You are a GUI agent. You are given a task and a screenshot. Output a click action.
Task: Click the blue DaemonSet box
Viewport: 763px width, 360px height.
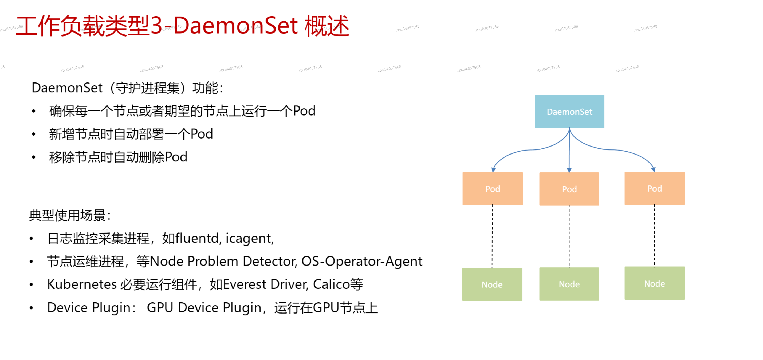(569, 111)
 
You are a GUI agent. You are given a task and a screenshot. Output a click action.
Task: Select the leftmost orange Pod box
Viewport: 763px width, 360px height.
(493, 189)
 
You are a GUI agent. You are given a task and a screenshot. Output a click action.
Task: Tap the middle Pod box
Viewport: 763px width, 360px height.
(569, 189)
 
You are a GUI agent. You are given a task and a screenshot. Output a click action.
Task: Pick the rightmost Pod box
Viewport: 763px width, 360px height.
(655, 188)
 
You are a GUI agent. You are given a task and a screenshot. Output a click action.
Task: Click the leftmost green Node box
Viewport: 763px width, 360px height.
(492, 284)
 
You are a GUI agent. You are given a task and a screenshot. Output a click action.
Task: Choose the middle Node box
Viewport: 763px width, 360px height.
(569, 284)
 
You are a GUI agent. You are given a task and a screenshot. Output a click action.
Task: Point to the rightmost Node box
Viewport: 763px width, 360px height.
(655, 283)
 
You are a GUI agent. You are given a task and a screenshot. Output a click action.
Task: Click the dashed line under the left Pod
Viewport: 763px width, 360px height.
(492, 236)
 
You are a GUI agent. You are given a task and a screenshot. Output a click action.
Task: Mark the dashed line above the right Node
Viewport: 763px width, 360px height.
(655, 236)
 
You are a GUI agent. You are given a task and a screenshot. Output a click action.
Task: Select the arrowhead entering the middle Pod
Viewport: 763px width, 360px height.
(569, 170)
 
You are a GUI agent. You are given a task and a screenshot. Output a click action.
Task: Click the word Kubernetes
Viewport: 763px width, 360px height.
(82, 284)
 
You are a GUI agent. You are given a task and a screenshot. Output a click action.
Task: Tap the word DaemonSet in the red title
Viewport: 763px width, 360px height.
(235, 26)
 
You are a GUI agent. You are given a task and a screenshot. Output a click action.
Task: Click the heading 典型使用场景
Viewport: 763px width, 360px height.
(67, 215)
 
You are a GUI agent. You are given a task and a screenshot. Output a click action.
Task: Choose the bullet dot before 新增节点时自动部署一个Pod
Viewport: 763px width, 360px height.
(34, 134)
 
